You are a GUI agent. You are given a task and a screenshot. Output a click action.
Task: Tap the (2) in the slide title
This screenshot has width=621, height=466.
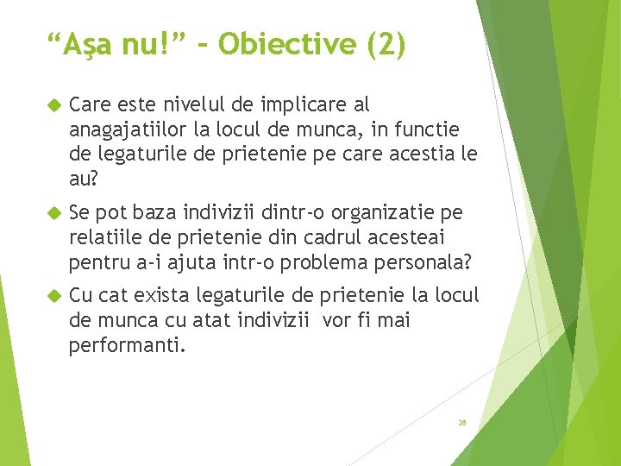click(x=386, y=44)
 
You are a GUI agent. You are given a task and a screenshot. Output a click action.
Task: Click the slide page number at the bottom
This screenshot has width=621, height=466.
click(x=462, y=423)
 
